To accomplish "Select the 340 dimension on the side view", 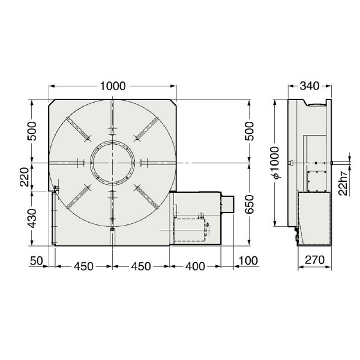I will pyautogui.click(x=308, y=86).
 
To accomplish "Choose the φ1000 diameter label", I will pyautogui.click(x=275, y=163).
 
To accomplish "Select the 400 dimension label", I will pyautogui.click(x=195, y=266).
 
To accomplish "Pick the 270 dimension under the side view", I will pyautogui.click(x=314, y=262).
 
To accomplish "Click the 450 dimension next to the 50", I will pyautogui.click(x=83, y=266).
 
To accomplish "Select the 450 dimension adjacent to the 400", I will pyautogui.click(x=140, y=266).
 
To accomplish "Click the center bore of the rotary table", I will pyautogui.click(x=112, y=163).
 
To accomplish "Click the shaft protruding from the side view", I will pyautogui.click(x=341, y=163).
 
